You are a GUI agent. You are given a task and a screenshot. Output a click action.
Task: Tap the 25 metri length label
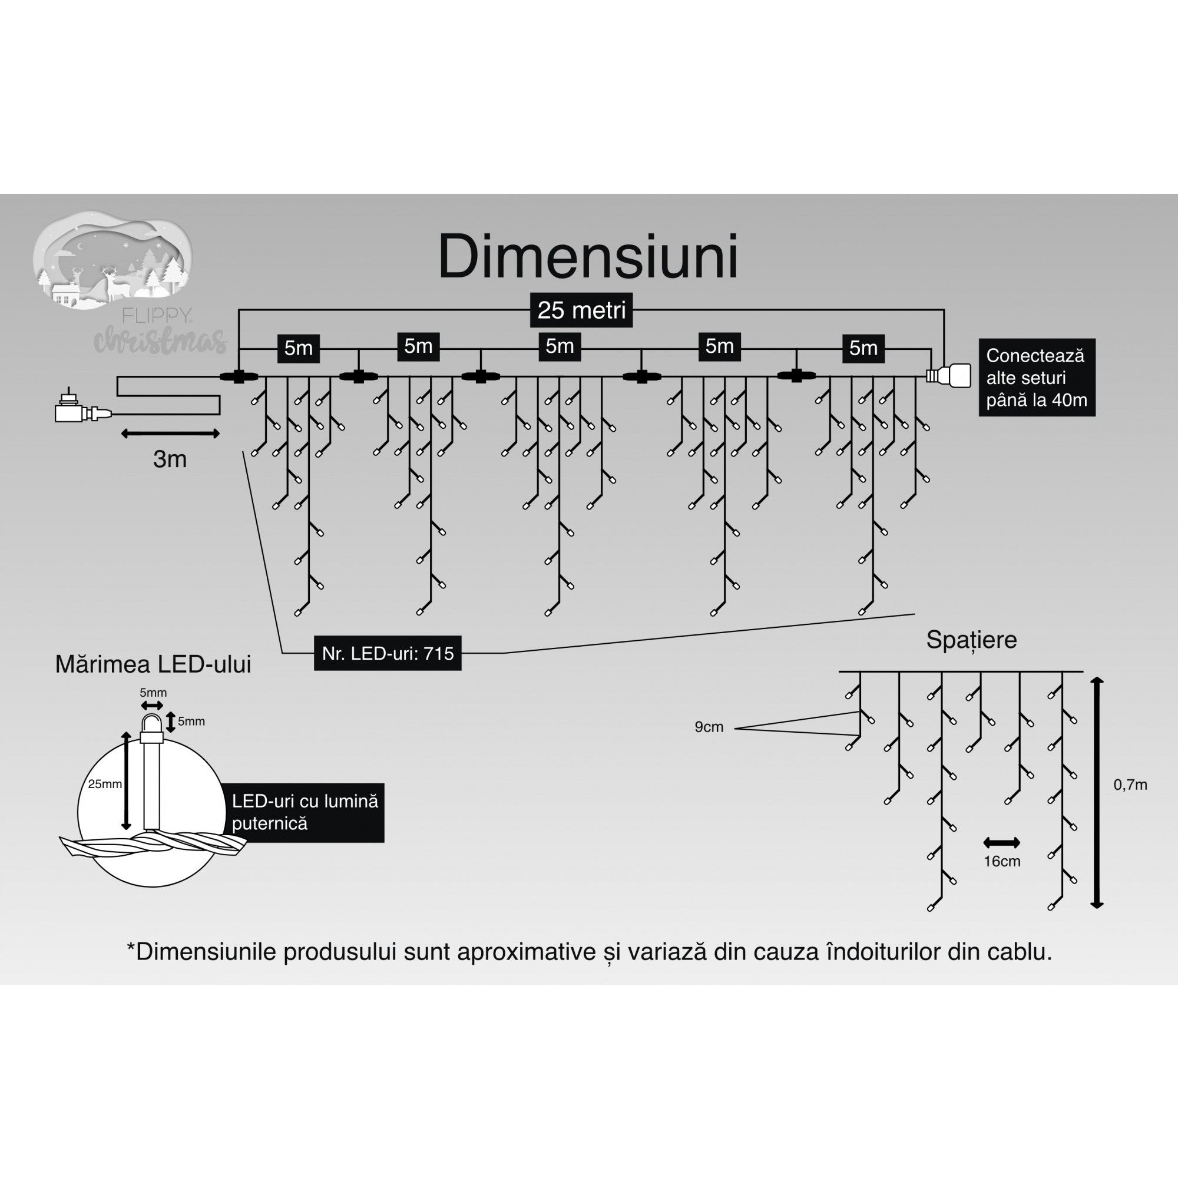tap(581, 310)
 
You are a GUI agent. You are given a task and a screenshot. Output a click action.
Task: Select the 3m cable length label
tap(170, 459)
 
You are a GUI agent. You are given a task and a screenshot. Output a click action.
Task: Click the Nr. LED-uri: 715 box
tap(387, 654)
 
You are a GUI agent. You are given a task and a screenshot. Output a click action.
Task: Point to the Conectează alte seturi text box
tap(1037, 378)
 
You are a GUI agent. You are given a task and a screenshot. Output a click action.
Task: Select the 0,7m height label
tap(1130, 785)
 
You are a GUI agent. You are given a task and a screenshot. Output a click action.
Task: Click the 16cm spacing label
tap(1001, 862)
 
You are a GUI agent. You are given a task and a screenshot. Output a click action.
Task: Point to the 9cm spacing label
tap(709, 727)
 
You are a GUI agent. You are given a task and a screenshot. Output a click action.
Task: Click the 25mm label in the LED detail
tap(104, 784)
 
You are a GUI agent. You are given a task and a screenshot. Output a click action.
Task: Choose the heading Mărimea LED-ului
tap(153, 664)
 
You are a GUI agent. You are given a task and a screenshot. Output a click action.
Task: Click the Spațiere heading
tap(971, 640)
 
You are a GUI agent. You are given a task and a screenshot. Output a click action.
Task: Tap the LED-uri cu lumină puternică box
tap(306, 812)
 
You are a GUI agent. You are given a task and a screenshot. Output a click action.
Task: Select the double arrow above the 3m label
tap(170, 434)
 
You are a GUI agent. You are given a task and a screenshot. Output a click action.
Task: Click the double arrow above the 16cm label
tap(1001, 843)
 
